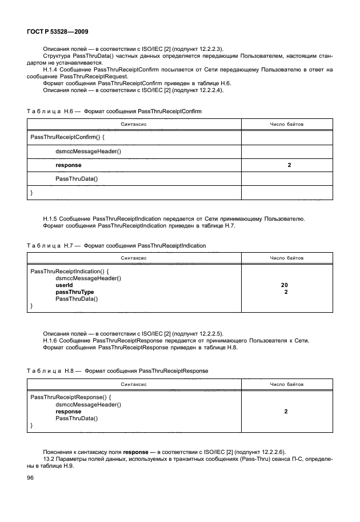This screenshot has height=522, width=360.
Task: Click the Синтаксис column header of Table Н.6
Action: coord(134,124)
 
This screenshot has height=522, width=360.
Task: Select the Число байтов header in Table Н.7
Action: coord(286,258)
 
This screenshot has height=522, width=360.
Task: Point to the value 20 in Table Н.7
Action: coord(285,284)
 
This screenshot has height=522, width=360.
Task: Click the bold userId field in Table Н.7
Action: coord(64,284)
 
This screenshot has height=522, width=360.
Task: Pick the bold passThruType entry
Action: coord(74,292)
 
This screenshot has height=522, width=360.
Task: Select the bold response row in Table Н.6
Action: coord(68,165)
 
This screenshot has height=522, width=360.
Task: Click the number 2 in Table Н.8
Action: coord(286,411)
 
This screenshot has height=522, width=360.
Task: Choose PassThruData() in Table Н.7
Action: coord(77,298)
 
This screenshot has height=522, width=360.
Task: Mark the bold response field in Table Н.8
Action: coord(68,411)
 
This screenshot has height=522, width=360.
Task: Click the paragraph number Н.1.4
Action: coord(52,69)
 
